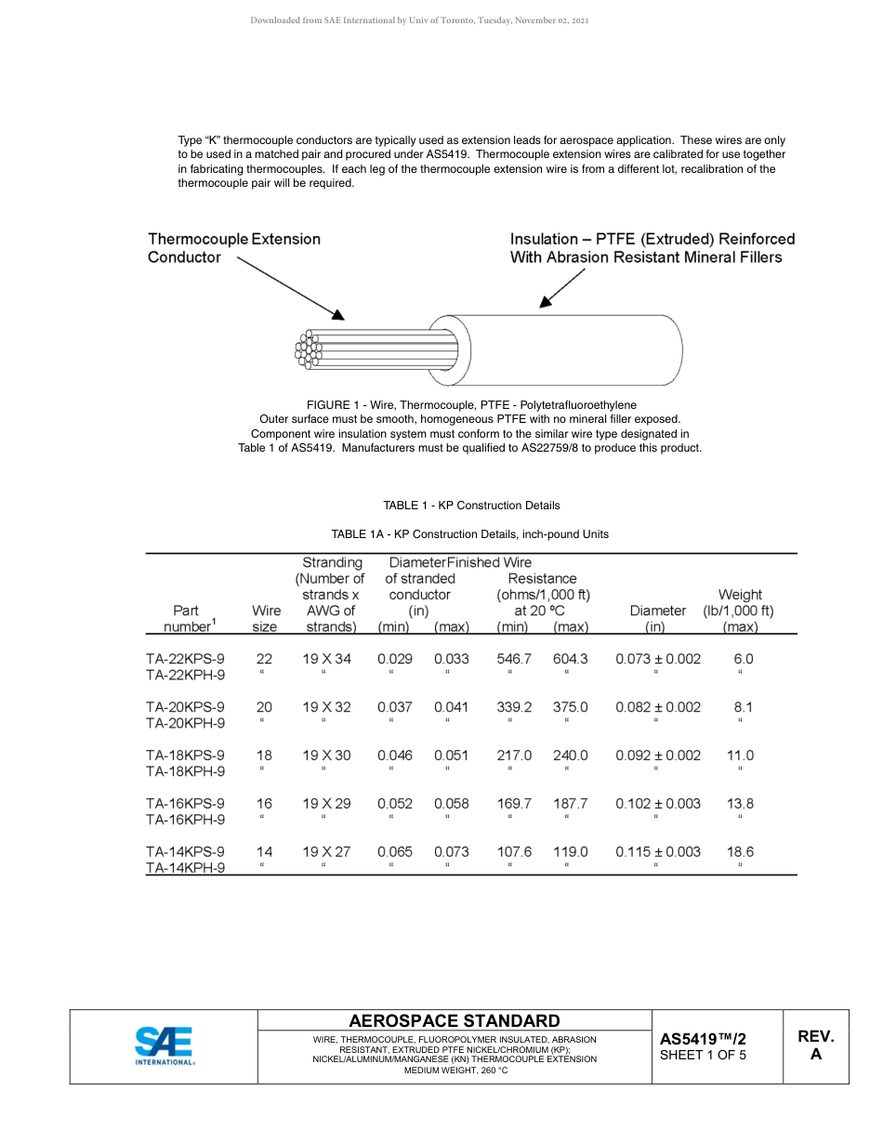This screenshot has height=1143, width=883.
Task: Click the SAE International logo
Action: coord(165,1045)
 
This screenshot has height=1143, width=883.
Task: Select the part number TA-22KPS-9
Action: coord(185,659)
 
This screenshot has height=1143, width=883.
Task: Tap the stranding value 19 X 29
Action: coord(326,804)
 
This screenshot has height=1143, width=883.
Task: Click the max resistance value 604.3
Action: coord(570,659)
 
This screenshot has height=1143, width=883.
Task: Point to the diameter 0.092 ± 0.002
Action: coord(657,755)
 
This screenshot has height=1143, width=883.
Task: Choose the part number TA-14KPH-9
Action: coord(185,869)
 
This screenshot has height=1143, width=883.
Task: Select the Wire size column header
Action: coord(266,619)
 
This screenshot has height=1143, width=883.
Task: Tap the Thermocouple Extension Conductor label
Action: coord(233,248)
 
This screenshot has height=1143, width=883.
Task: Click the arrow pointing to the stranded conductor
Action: coord(290,288)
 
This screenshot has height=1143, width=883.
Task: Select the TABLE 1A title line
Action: coord(470,534)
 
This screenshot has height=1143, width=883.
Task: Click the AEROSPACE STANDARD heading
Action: coord(454,1021)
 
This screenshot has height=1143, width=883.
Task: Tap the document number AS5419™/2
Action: coord(703,1039)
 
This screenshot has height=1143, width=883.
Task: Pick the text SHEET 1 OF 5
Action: coord(703,1055)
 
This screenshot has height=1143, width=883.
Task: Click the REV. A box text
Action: coord(815,1045)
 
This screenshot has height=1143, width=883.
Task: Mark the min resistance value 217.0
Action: coord(514,755)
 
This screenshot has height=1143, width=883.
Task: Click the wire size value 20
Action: coord(264,707)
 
